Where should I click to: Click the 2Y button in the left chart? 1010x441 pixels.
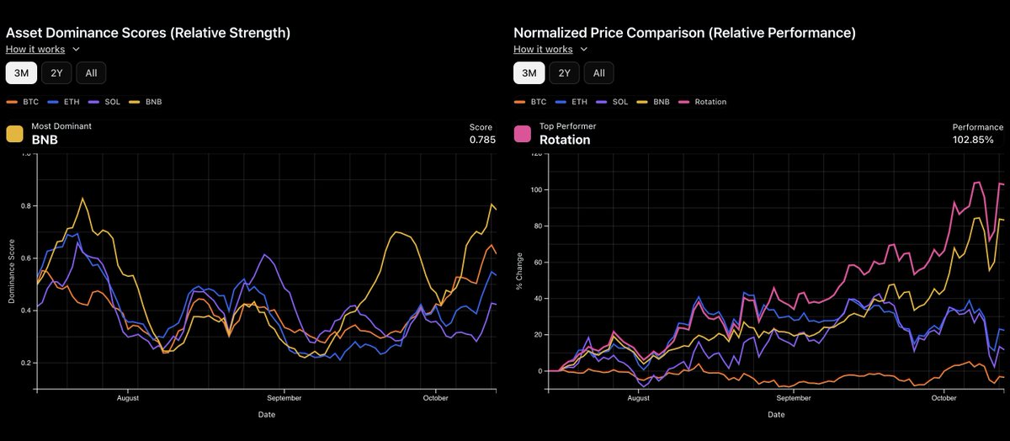pyautogui.click(x=57, y=73)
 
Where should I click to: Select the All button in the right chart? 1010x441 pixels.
pyautogui.click(x=598, y=73)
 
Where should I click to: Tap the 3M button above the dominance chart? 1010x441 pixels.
pyautogui.click(x=21, y=73)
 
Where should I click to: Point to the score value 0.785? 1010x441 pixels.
pyautogui.click(x=482, y=140)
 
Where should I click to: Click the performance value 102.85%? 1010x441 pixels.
pyautogui.click(x=973, y=140)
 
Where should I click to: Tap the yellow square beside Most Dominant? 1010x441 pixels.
pyautogui.click(x=14, y=134)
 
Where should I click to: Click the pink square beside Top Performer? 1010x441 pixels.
pyautogui.click(x=523, y=134)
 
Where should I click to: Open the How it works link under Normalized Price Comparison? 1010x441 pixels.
pyautogui.click(x=543, y=50)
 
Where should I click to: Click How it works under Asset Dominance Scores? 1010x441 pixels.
pyautogui.click(x=35, y=50)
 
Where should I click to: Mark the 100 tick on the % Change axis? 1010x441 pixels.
pyautogui.click(x=534, y=190)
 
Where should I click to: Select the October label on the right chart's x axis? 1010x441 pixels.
pyautogui.click(x=944, y=397)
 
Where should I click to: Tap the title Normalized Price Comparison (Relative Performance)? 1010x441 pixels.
pyautogui.click(x=684, y=33)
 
